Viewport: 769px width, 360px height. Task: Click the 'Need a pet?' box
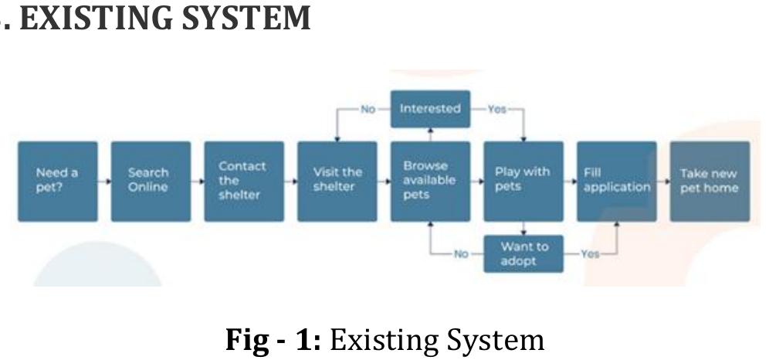click(x=57, y=181)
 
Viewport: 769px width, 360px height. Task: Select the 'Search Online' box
click(x=151, y=181)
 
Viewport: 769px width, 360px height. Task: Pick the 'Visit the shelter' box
click(x=337, y=181)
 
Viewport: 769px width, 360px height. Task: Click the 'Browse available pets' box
click(x=430, y=181)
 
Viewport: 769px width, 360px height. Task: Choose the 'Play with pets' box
click(x=523, y=181)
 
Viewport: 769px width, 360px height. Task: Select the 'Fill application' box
click(x=616, y=181)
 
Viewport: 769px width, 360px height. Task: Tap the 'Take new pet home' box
click(x=710, y=181)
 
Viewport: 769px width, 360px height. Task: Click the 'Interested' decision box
click(x=430, y=109)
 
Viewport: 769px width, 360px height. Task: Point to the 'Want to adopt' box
click(x=523, y=253)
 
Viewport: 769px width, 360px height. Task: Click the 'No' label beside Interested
click(x=368, y=109)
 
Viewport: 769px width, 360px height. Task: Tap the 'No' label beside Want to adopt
click(x=461, y=253)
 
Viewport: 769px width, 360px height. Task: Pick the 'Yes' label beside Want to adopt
click(x=590, y=253)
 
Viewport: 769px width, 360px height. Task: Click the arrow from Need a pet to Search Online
click(x=104, y=182)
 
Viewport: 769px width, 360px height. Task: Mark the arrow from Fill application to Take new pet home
click(x=663, y=182)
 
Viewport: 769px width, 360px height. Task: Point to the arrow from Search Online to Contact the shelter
click(x=198, y=182)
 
